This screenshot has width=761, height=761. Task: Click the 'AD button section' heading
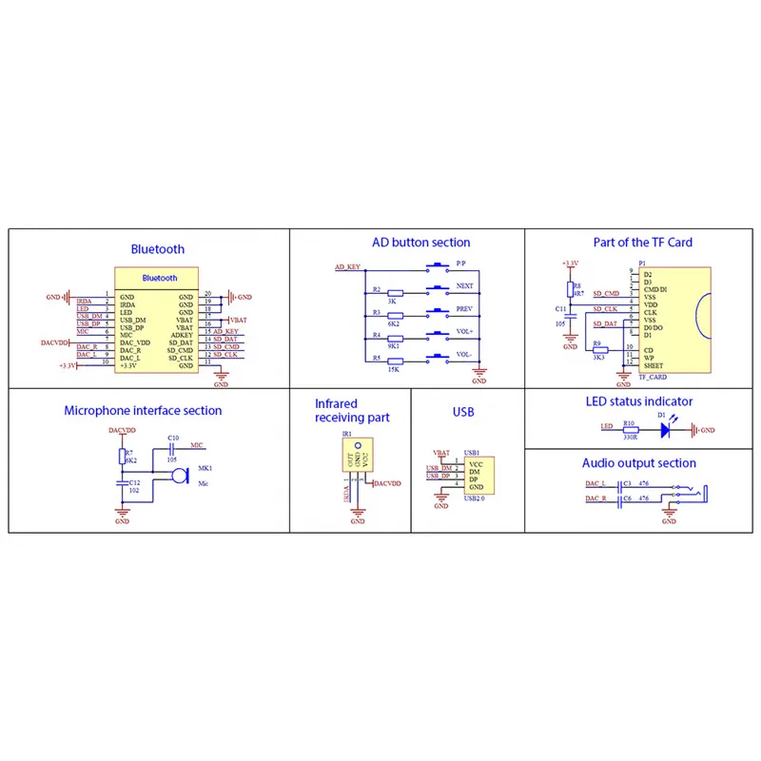(x=420, y=243)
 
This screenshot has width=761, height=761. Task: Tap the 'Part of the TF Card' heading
(x=642, y=243)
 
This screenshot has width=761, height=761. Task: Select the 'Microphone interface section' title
(x=143, y=411)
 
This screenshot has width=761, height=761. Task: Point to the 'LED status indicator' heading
(x=638, y=401)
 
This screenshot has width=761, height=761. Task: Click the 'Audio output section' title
(x=638, y=463)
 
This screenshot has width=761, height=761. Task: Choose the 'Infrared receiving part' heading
(x=351, y=410)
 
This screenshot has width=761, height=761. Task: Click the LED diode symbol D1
(x=663, y=430)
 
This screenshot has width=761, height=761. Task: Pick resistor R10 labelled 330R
(x=628, y=430)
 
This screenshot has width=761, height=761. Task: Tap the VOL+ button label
(x=465, y=332)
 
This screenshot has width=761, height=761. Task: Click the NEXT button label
(x=465, y=285)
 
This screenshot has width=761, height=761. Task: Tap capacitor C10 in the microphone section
(x=172, y=449)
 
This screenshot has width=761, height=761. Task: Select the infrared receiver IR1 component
(x=358, y=456)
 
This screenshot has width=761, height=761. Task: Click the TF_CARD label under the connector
(x=652, y=377)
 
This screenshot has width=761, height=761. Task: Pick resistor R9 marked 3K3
(x=599, y=350)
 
